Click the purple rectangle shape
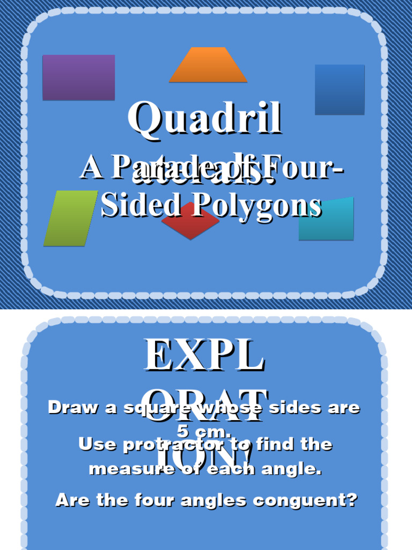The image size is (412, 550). [78, 77]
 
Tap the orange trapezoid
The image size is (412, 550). [208, 66]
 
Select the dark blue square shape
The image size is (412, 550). [340, 89]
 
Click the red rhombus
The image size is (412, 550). [190, 223]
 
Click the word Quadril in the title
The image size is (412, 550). [204, 118]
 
